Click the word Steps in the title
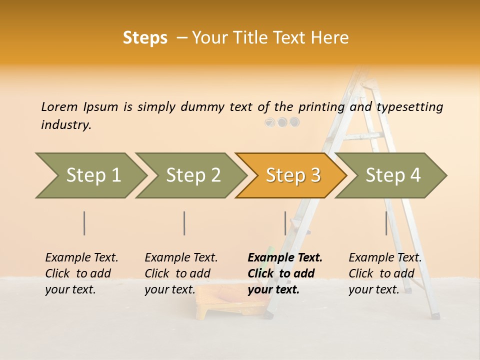coord(145,38)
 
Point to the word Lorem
coord(59,106)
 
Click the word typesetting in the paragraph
coord(409,107)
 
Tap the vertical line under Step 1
coord(84,223)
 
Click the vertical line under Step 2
coord(184,223)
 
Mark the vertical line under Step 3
coord(285,223)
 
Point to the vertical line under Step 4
coord(386,223)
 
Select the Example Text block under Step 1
coord(81,273)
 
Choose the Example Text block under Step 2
coord(180,273)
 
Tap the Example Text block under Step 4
coord(384,273)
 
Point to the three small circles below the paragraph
coord(282,122)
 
